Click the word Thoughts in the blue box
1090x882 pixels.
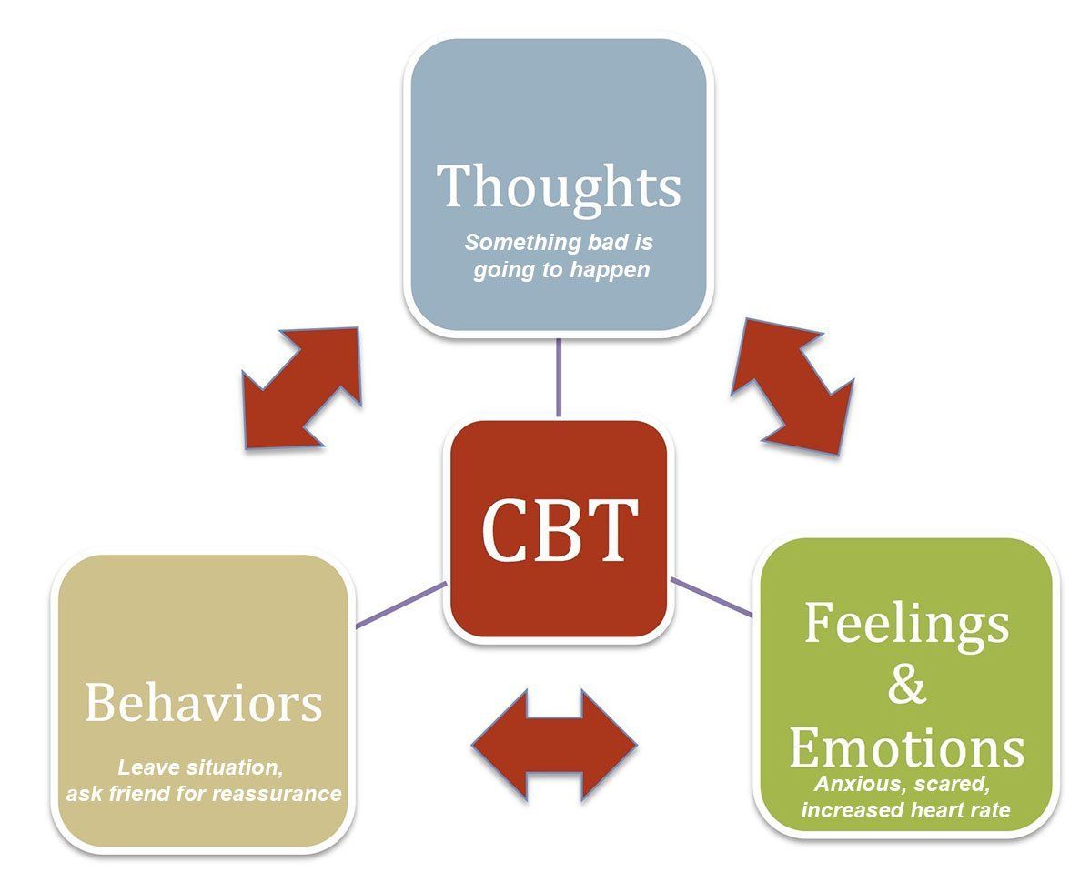(559, 187)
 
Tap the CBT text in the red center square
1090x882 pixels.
(559, 530)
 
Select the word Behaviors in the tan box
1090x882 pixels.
(203, 702)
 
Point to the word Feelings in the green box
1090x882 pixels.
(906, 625)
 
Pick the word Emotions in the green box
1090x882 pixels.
(906, 747)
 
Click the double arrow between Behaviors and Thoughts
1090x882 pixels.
(301, 388)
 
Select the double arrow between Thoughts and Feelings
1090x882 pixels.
(792, 386)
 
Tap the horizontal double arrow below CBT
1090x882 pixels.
(554, 746)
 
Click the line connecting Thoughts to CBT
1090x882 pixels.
(559, 377)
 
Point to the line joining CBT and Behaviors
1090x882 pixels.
(401, 605)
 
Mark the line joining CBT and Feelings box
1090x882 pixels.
(712, 596)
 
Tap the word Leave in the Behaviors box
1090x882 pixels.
(145, 767)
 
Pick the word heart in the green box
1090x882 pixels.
(941, 810)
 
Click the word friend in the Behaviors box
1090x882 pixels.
(137, 793)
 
